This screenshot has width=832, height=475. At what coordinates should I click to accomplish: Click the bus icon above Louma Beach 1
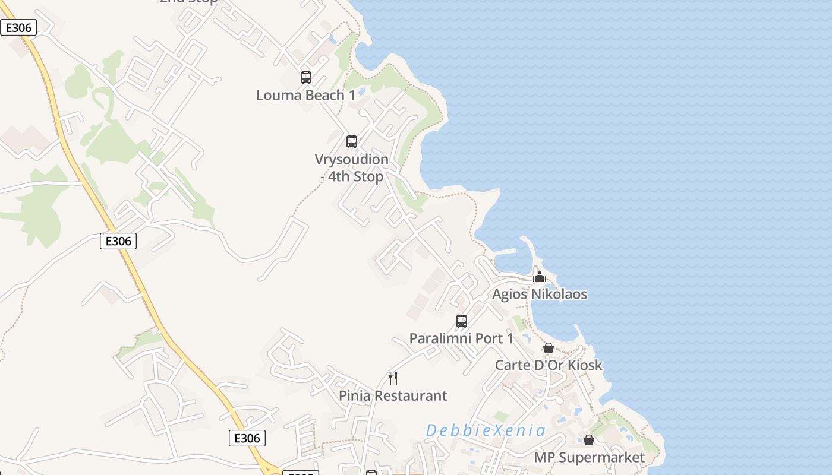click(x=306, y=78)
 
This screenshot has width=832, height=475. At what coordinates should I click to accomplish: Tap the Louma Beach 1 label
click(x=305, y=95)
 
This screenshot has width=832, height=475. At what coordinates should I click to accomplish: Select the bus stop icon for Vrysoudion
click(x=352, y=142)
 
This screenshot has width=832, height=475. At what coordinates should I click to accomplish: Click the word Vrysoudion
click(x=351, y=160)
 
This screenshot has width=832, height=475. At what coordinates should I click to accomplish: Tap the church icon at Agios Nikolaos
click(x=540, y=277)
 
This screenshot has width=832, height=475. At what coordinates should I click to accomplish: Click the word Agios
click(x=509, y=294)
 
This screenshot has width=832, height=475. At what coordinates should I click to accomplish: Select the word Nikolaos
click(x=559, y=294)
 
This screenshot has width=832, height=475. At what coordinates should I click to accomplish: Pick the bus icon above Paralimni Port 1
click(x=462, y=321)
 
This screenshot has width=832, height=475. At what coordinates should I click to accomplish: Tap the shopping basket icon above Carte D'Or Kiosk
click(x=549, y=348)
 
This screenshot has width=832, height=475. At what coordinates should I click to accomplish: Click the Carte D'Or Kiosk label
click(x=549, y=365)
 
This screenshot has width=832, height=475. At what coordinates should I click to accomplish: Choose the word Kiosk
click(x=585, y=365)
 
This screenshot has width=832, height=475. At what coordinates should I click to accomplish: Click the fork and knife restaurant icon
click(x=393, y=378)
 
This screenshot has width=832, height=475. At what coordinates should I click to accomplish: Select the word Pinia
click(x=355, y=396)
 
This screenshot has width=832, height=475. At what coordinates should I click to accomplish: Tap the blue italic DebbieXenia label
click(x=486, y=430)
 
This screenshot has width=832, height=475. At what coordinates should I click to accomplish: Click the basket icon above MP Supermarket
click(x=589, y=440)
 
